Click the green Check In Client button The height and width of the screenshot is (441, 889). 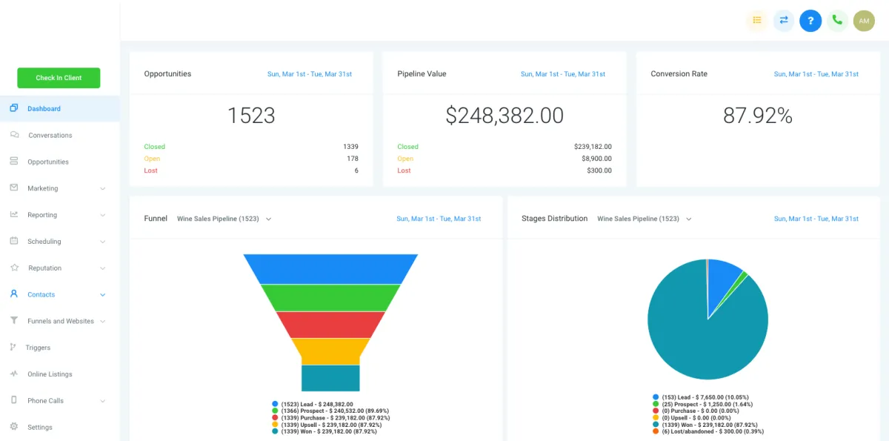pyautogui.click(x=59, y=78)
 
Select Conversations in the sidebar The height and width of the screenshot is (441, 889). pyautogui.click(x=50, y=136)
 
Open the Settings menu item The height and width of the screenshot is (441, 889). pyautogui.click(x=40, y=428)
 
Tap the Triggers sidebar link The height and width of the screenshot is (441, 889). pyautogui.click(x=38, y=348)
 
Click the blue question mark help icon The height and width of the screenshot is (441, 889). pyautogui.click(x=810, y=21)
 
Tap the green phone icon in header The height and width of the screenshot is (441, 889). pyautogui.click(x=837, y=21)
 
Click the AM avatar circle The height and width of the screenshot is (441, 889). pyautogui.click(x=864, y=21)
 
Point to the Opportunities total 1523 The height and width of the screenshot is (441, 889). pyautogui.click(x=251, y=116)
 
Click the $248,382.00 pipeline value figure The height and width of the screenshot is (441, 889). pyautogui.click(x=505, y=116)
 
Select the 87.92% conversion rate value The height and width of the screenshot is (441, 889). pyautogui.click(x=758, y=116)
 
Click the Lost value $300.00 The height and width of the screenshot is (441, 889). pyautogui.click(x=599, y=170)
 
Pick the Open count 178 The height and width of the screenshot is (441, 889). pyautogui.click(x=352, y=159)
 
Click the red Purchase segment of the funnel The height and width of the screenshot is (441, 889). pyautogui.click(x=330, y=325)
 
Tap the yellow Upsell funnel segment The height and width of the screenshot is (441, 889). pyautogui.click(x=330, y=351)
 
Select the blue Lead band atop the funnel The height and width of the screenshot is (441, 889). pyautogui.click(x=330, y=268)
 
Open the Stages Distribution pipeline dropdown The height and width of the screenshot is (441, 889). pyautogui.click(x=644, y=219)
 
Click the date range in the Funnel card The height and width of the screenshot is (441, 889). pyautogui.click(x=439, y=219)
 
